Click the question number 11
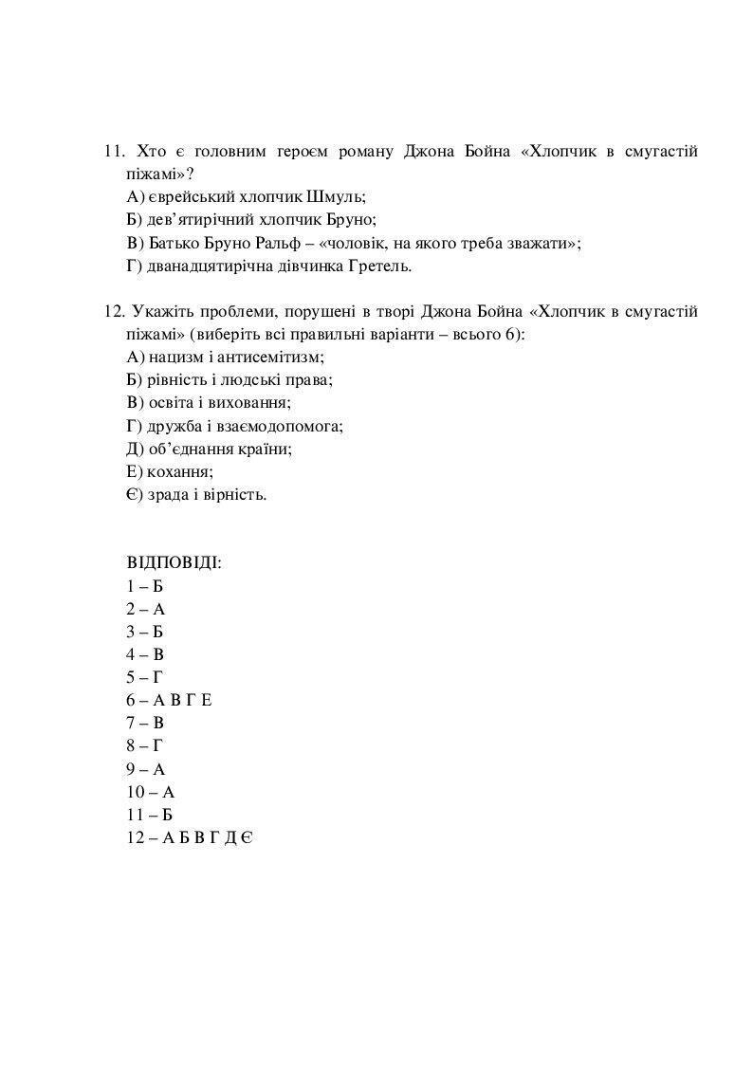coord(114,152)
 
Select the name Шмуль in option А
coord(337,197)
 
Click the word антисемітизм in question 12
coord(276,357)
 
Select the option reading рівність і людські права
coord(230,379)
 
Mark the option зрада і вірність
coord(196,494)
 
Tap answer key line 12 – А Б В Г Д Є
coord(188,837)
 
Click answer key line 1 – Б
coord(145,586)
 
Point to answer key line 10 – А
coord(151,792)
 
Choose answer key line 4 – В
coord(145,654)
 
